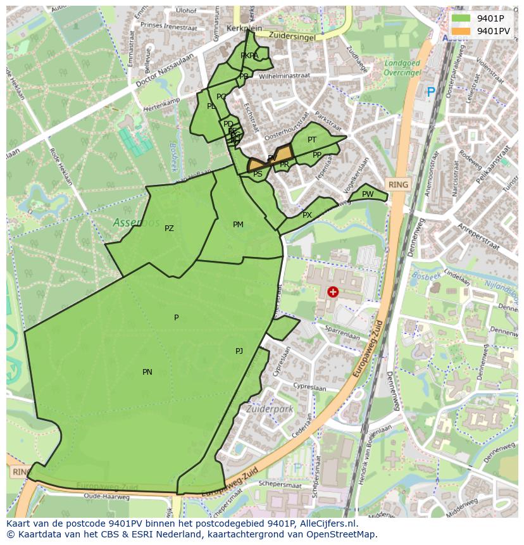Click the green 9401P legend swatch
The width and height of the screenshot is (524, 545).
(x=461, y=18)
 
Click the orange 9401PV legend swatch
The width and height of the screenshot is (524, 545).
(x=461, y=31)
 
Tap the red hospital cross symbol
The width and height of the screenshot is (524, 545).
(x=333, y=292)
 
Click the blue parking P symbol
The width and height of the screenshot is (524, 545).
(x=431, y=92)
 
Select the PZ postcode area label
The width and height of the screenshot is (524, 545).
(x=169, y=229)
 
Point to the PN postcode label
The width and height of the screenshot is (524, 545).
(x=147, y=372)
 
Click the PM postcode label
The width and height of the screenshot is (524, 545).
(x=238, y=225)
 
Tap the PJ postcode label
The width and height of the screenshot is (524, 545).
(x=239, y=351)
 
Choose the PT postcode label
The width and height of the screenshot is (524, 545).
(x=312, y=140)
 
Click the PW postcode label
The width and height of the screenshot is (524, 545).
(x=368, y=194)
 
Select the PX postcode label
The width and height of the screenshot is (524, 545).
(x=307, y=215)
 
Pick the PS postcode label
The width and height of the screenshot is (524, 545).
(x=258, y=173)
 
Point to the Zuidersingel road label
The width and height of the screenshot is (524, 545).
(x=292, y=36)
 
